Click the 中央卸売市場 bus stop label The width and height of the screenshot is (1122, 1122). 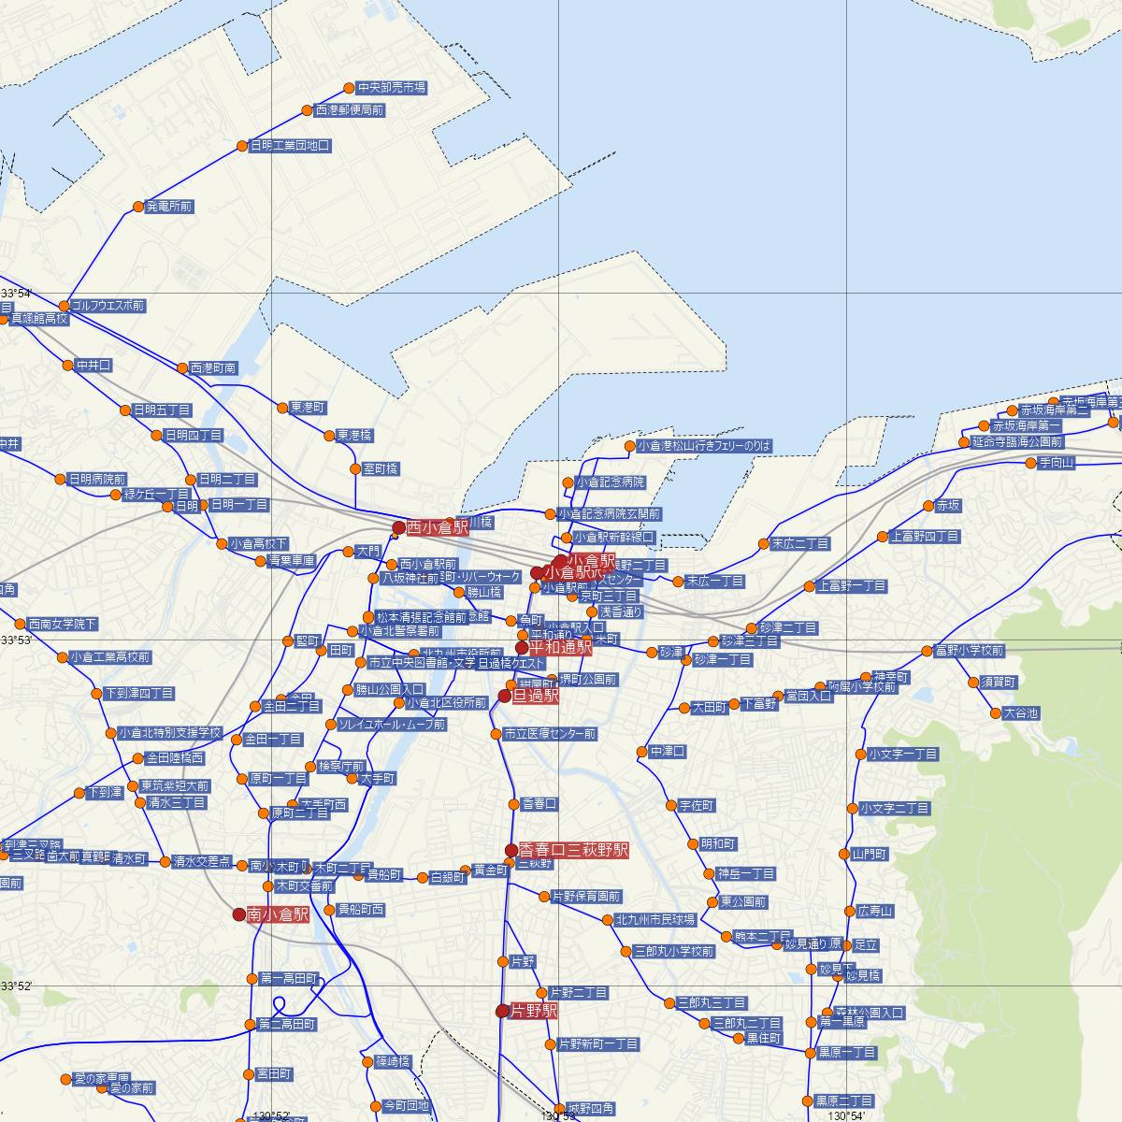point(391,88)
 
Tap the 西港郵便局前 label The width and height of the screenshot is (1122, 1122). point(349,110)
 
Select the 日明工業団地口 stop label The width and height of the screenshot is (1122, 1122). point(290,146)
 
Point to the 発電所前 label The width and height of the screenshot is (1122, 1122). point(169,207)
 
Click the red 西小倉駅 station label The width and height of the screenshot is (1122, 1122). point(438,528)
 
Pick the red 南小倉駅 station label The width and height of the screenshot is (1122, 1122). point(278,915)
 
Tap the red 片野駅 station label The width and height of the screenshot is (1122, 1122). point(534,1012)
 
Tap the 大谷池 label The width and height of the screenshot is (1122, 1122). point(1020,713)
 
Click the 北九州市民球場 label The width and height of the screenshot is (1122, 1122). point(655,920)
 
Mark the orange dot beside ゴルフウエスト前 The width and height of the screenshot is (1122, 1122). point(64,306)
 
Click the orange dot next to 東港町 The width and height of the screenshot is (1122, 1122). point(282,408)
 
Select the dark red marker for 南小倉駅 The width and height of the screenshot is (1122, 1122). point(238,914)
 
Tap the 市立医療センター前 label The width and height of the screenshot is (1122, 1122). point(549,734)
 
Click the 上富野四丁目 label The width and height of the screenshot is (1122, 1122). point(925,537)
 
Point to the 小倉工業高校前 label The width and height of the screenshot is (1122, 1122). point(110,657)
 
